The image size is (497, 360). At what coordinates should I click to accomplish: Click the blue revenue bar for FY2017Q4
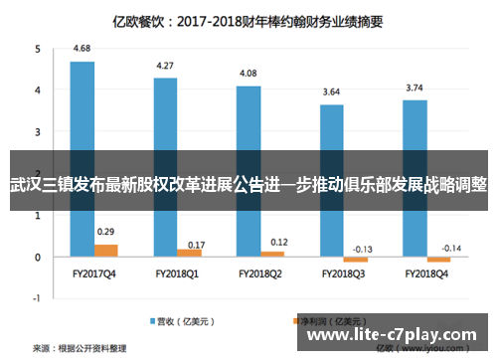coord(83,109)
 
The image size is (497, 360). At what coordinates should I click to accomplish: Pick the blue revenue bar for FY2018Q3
coord(332,129)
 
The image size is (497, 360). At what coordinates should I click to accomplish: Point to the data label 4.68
coord(83,49)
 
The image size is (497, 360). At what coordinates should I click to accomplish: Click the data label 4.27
coord(165,66)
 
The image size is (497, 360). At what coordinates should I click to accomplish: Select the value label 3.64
coord(332,92)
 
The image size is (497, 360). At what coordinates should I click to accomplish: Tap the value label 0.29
coord(105,232)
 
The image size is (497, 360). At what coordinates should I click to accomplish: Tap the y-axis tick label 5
coord(37,49)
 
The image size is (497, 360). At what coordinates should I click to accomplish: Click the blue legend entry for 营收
coord(175,321)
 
